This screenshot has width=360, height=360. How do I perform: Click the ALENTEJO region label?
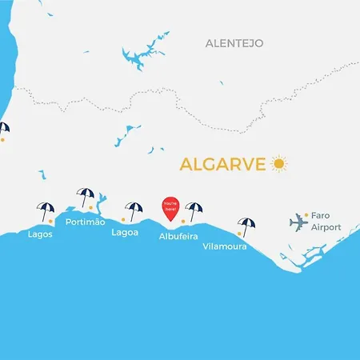[234, 42]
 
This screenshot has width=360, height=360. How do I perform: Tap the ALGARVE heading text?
[223, 164]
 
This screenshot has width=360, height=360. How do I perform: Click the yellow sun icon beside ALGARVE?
[278, 164]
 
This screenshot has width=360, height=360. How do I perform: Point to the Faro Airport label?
[326, 222]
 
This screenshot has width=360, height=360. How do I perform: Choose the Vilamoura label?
[224, 246]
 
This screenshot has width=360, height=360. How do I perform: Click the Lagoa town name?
[125, 233]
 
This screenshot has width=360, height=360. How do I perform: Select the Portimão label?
[85, 222]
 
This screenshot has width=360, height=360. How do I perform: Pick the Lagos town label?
[40, 234]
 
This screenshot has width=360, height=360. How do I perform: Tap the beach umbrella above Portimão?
[85, 196]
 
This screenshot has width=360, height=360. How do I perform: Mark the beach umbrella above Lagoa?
[134, 210]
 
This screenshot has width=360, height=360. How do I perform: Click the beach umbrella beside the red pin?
[194, 210]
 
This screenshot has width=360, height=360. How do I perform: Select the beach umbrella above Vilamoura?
[246, 226]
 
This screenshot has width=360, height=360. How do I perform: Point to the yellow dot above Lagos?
[50, 220]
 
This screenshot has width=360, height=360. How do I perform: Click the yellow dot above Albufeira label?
[184, 221]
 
